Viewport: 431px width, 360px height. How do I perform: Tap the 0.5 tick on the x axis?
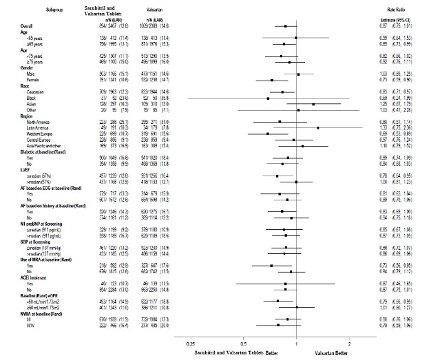[x=243, y=343]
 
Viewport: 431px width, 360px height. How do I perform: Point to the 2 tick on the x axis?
[x=349, y=343]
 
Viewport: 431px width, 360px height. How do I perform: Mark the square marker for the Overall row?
[x=285, y=26]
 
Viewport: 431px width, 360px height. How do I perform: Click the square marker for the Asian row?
[x=313, y=103]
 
